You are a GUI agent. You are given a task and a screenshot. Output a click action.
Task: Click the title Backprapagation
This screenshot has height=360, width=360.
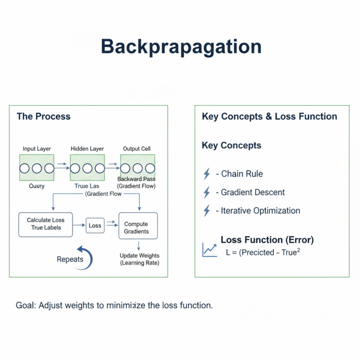[x=180, y=47]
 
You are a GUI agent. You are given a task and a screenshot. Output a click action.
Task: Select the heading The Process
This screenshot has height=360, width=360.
[x=43, y=116]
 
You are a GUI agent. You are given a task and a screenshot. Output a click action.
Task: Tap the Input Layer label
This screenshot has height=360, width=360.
[x=37, y=149]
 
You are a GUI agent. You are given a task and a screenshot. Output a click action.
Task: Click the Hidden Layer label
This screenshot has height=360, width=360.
[x=87, y=149]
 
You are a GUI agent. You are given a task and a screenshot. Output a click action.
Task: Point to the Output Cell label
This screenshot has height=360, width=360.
[x=137, y=149]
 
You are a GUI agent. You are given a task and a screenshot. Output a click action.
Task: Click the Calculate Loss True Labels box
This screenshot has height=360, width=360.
[x=45, y=224]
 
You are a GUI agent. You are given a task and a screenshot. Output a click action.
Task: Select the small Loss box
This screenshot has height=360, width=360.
[x=95, y=225]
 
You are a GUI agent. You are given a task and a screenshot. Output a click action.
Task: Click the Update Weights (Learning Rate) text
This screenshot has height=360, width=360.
[x=140, y=259]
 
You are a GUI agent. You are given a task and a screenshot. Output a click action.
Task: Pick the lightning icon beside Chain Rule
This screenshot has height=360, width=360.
[x=207, y=174]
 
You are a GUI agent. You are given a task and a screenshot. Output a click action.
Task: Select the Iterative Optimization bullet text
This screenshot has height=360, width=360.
[x=257, y=210]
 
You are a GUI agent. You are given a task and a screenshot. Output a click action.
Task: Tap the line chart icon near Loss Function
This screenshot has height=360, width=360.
[x=209, y=249]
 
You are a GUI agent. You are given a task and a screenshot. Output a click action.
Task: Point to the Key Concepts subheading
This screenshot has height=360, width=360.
[x=232, y=145]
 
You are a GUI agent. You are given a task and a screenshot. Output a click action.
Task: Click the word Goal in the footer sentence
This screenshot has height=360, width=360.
[x=25, y=305]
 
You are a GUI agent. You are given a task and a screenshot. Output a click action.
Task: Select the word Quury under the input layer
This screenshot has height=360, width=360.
[x=36, y=186]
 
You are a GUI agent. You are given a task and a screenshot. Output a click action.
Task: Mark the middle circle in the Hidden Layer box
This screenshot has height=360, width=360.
[x=87, y=168]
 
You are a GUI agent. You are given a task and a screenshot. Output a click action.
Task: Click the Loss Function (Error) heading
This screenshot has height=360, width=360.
[x=267, y=240]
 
